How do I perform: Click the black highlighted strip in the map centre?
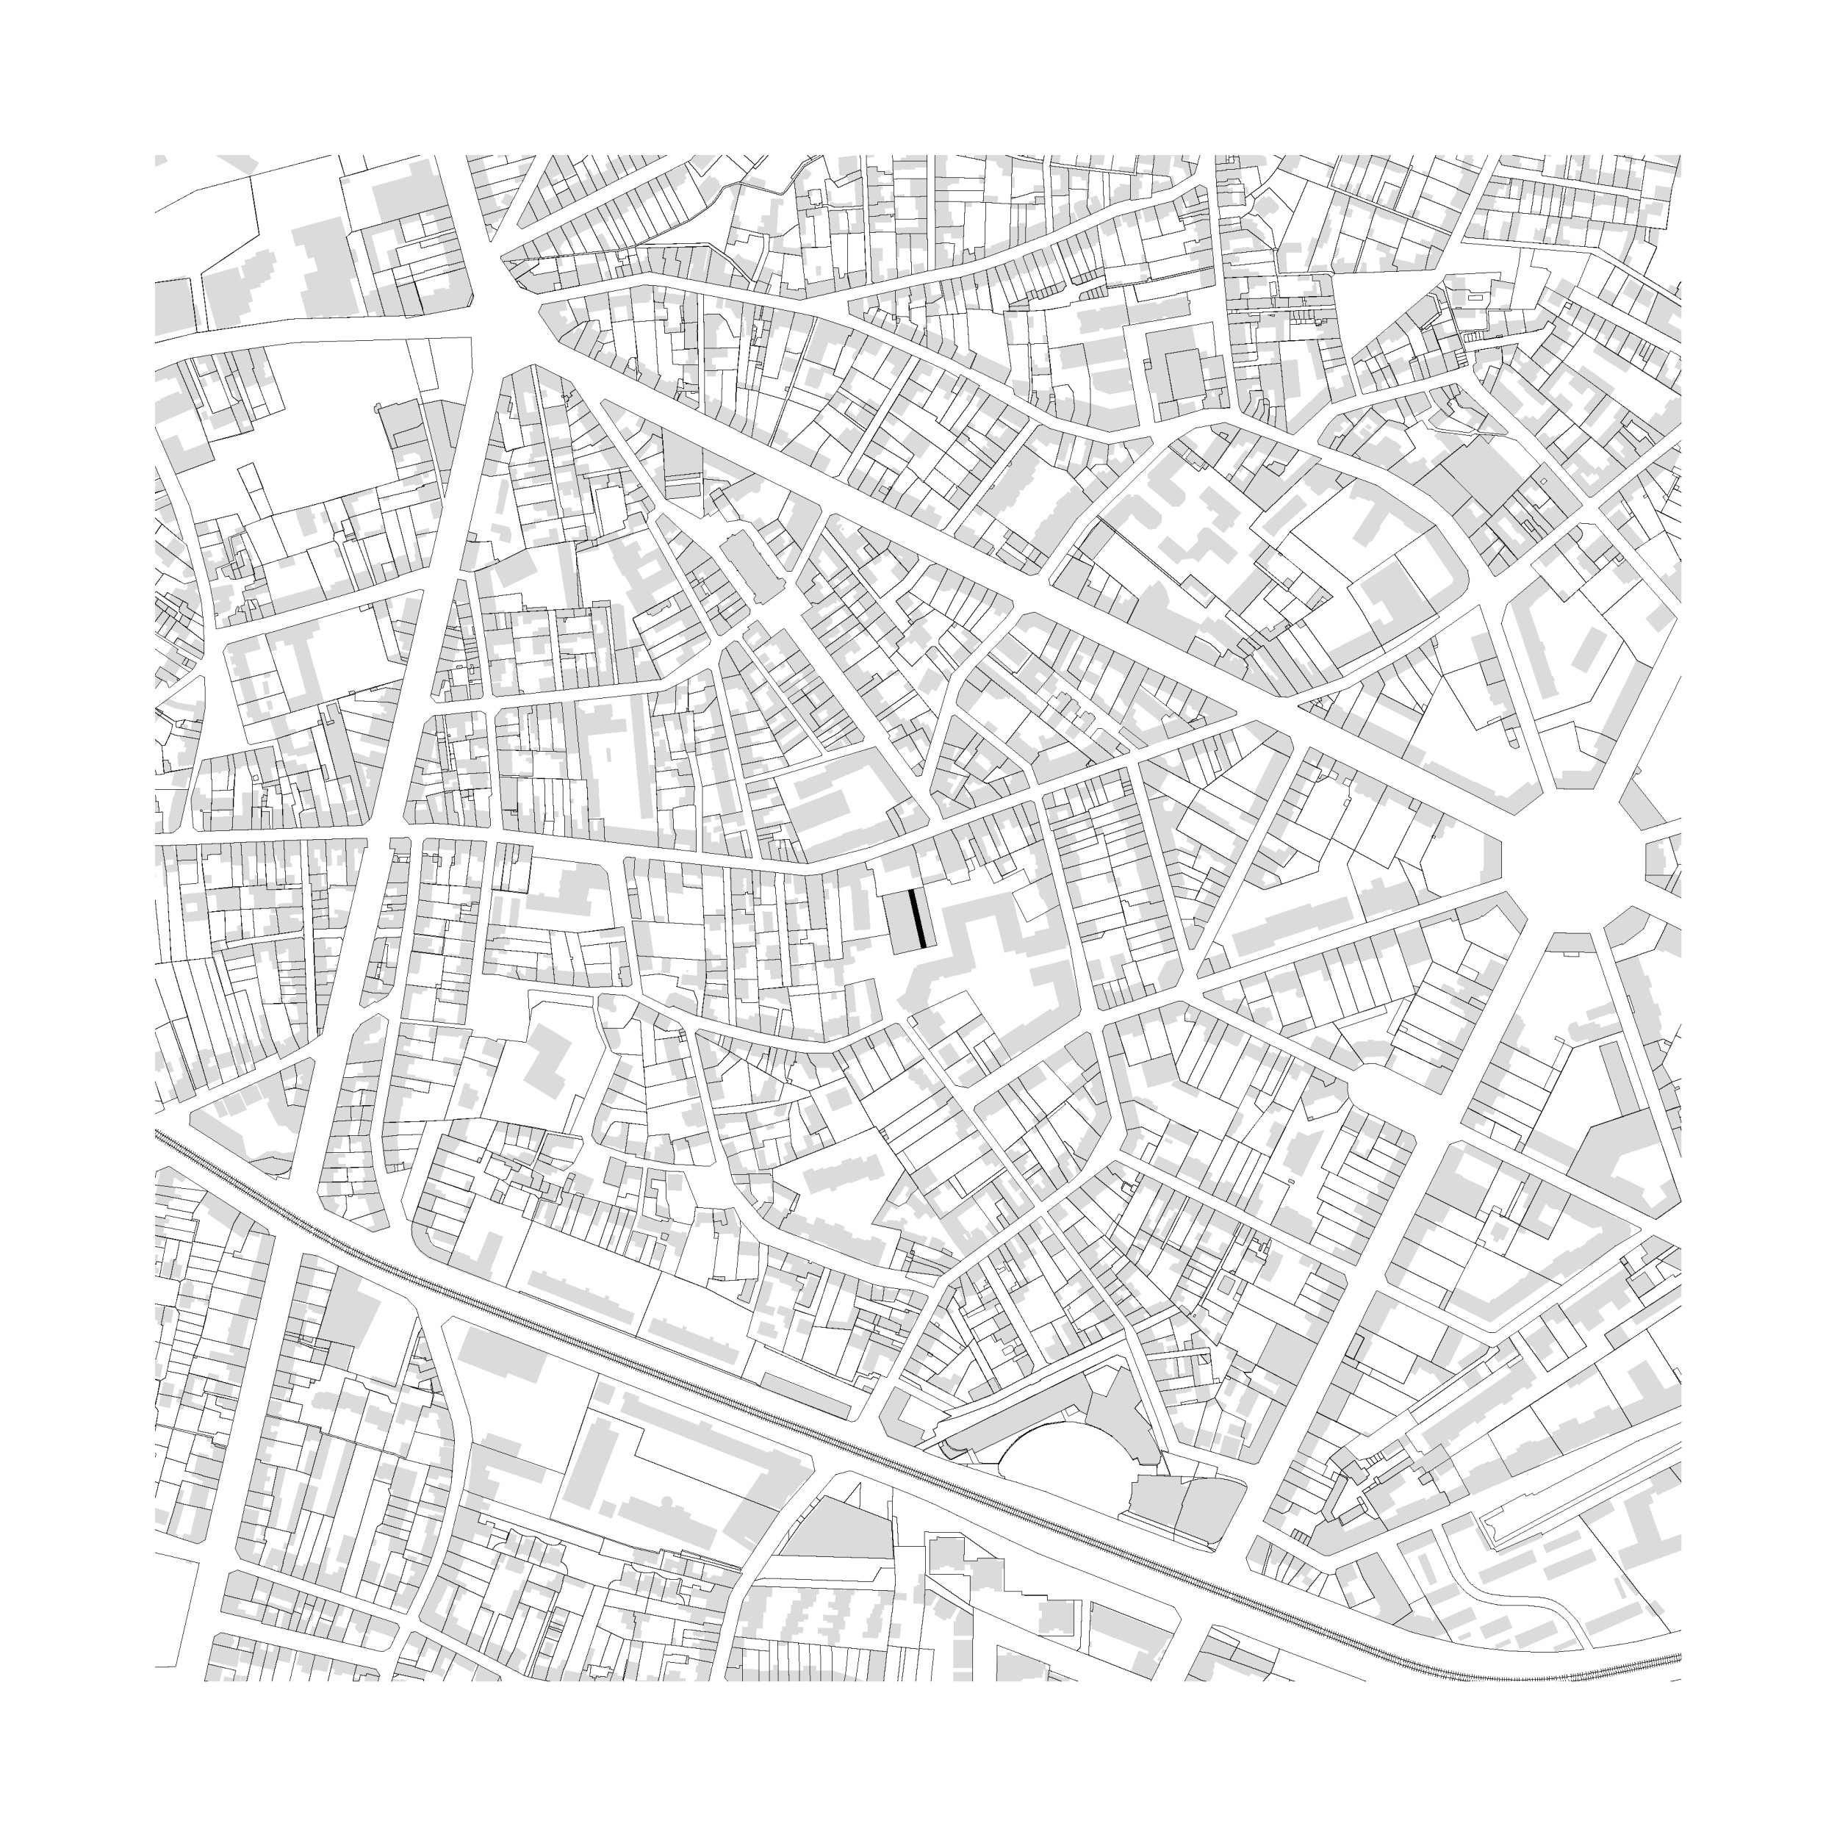(918, 919)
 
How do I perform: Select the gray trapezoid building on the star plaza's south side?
(1574, 941)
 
